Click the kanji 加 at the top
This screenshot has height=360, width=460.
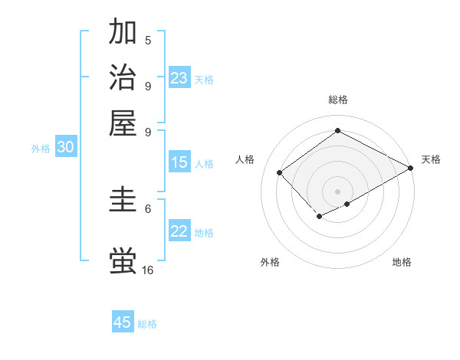123,32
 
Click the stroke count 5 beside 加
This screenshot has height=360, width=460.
148,41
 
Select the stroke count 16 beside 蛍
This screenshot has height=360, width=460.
148,270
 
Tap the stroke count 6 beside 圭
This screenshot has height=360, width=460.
148,208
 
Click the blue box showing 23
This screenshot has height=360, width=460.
179,78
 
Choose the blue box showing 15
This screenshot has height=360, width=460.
179,162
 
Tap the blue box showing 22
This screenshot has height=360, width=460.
179,231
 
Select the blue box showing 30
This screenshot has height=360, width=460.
66,148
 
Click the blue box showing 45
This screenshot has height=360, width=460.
123,322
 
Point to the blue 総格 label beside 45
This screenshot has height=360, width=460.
147,324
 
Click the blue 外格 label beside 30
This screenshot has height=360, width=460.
41,149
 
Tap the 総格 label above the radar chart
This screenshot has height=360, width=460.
337,100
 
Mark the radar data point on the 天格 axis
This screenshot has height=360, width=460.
412,168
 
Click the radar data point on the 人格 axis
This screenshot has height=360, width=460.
280,173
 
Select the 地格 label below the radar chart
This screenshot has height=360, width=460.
402,262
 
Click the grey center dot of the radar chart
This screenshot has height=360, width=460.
337,191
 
